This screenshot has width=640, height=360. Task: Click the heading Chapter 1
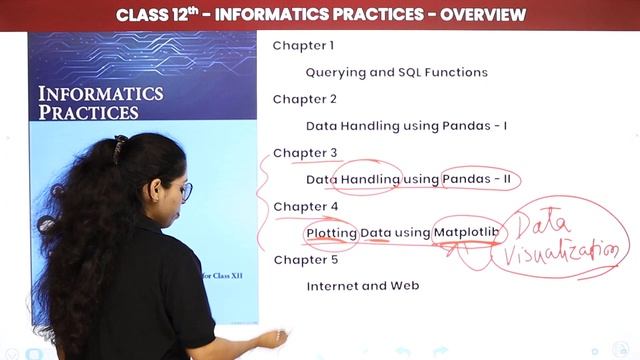[303, 46]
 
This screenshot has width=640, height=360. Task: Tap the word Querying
[335, 73]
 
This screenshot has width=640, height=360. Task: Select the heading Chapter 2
[304, 99]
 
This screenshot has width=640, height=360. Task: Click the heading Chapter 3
[305, 153]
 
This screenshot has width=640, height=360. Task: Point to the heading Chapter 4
[305, 206]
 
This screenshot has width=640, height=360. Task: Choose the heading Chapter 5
[305, 260]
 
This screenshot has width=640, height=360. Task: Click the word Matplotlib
[466, 233]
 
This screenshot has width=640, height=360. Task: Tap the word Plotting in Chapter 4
[331, 233]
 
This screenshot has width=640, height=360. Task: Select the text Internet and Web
[362, 286]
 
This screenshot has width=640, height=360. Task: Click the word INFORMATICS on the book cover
[100, 94]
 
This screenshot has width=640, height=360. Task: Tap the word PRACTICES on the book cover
[88, 112]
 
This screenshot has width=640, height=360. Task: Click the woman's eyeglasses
[185, 190]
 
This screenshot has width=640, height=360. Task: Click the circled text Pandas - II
[480, 180]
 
